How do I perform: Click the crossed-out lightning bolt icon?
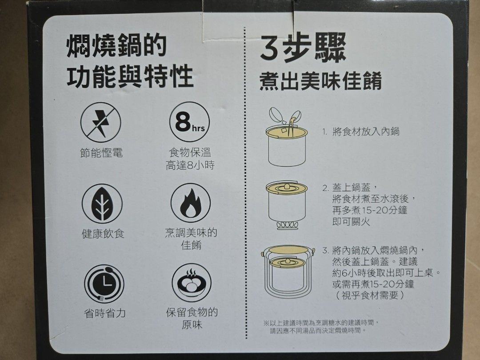(101, 123)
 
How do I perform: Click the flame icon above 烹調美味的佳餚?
(190, 203)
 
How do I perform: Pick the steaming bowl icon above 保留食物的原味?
(192, 283)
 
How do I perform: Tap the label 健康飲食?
(103, 234)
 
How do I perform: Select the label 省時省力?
(105, 314)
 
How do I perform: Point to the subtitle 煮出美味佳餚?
(320, 82)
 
